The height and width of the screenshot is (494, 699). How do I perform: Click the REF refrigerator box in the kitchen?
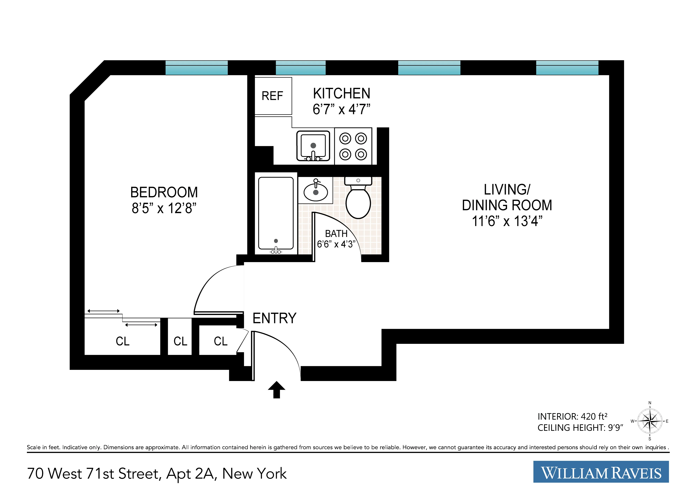click(x=273, y=96)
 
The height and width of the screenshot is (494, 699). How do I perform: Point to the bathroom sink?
click(x=316, y=191)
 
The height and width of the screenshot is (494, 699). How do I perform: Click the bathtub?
click(x=276, y=213)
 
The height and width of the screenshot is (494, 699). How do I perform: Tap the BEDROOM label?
click(x=164, y=192)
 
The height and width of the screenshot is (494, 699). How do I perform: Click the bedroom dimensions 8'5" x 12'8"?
click(x=164, y=208)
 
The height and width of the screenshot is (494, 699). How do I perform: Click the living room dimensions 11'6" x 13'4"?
click(x=507, y=221)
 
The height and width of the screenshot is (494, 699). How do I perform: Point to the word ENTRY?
click(x=274, y=318)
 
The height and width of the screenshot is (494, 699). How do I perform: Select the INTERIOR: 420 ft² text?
click(x=572, y=416)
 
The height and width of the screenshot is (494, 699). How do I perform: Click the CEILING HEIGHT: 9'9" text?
click(x=580, y=428)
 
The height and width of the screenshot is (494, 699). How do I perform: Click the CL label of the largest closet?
click(x=122, y=341)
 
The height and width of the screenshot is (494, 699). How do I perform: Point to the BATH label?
click(x=336, y=234)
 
